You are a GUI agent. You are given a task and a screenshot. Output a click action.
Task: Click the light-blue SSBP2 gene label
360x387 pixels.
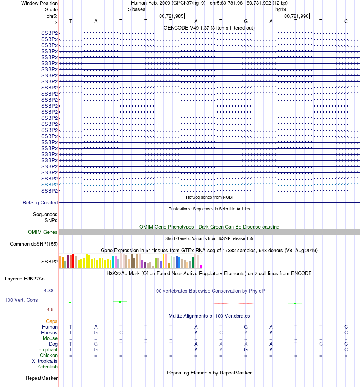(49, 185)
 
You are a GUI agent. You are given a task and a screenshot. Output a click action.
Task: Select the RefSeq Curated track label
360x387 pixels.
(40, 203)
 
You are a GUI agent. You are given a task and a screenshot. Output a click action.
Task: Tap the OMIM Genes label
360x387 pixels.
(42, 232)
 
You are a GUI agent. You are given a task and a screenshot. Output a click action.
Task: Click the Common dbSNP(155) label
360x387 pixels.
(33, 244)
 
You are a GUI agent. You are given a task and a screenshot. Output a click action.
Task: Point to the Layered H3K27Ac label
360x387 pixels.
(25, 279)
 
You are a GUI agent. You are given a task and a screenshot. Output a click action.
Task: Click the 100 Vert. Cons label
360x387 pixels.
(21, 300)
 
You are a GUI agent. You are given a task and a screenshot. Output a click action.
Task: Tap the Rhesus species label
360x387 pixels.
(49, 333)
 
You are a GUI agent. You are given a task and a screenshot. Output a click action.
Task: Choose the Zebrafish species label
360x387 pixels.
(47, 367)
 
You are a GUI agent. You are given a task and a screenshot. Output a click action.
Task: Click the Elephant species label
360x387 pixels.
(48, 350)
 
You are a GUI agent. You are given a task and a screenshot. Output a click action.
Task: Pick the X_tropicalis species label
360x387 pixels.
(45, 361)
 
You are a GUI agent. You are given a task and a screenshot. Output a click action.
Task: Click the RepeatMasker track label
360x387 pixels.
(42, 378)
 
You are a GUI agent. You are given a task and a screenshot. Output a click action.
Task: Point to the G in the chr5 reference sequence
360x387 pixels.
(246, 21)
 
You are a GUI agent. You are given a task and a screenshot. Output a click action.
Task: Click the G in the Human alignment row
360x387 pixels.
(246, 327)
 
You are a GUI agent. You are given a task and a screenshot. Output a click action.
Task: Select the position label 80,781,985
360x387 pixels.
(171, 16)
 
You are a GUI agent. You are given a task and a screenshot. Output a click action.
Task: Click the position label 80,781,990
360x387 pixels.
(296, 16)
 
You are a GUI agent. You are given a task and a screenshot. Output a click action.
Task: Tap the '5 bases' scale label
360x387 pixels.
(136, 9)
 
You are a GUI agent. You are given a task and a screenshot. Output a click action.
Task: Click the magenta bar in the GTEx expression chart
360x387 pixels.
(201, 266)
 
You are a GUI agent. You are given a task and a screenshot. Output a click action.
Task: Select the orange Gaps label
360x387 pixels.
(52, 321)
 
